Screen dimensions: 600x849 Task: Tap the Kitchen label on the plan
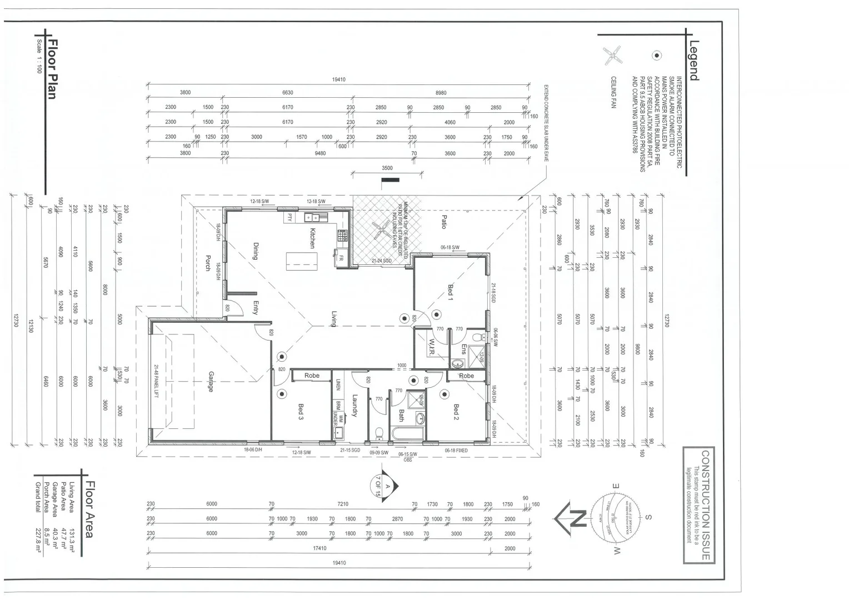coord(313,238)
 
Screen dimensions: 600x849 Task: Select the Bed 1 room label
coord(451,292)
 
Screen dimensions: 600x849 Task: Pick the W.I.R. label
coord(431,347)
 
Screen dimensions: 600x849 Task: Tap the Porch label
coord(208,263)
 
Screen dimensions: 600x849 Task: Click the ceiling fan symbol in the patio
coord(382,228)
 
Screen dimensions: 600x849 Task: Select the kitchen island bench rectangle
coord(302,261)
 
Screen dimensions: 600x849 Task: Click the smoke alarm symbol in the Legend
coord(657,56)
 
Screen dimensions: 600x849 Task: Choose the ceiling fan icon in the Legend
coord(613,55)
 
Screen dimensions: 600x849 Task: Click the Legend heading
coord(694,61)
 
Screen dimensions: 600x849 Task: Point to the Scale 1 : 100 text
coord(39,56)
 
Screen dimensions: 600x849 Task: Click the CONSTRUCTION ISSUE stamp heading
coord(705,506)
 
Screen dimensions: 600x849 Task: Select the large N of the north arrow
coord(578,518)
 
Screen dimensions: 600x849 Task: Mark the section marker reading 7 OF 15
coord(379,488)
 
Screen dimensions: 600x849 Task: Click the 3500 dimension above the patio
coord(387,168)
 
